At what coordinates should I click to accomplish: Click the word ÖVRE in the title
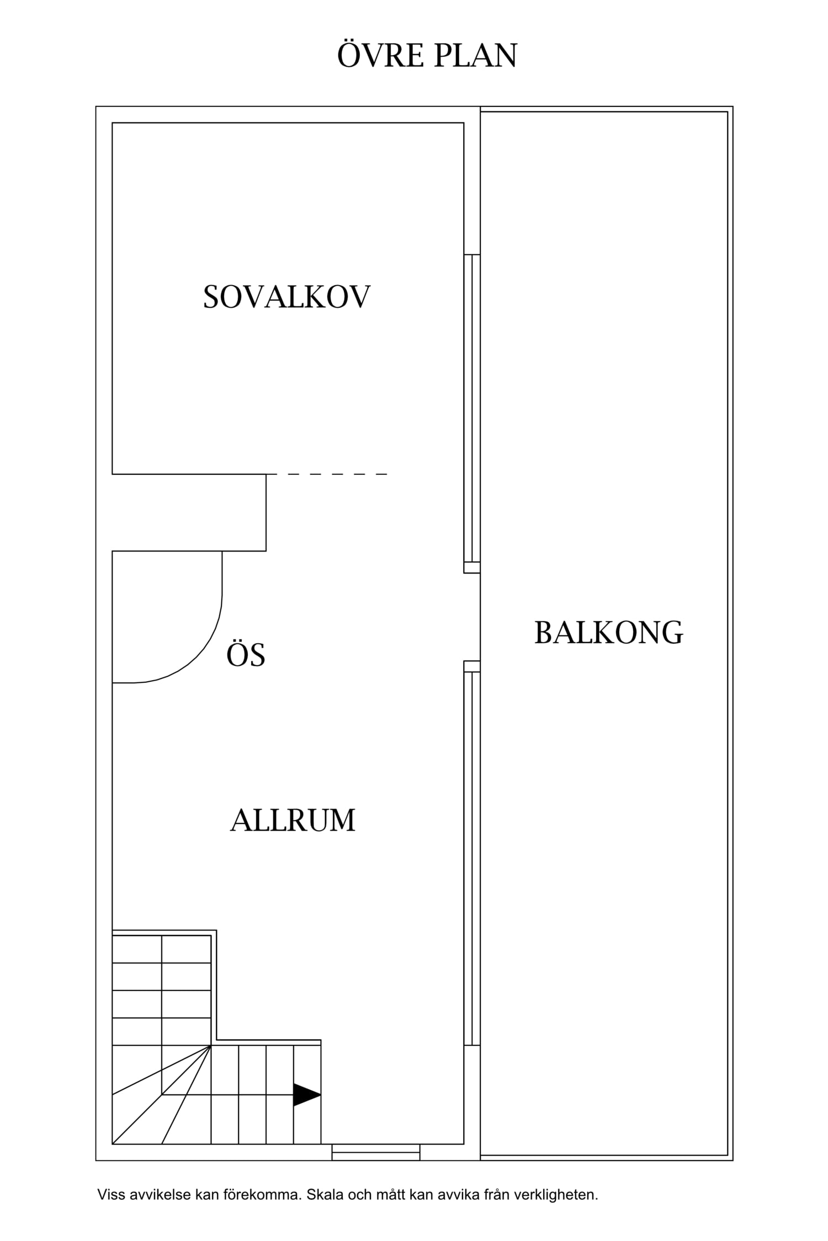click(x=380, y=56)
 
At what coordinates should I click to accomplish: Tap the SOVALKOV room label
click(x=286, y=297)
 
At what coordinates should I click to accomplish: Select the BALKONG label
click(x=608, y=633)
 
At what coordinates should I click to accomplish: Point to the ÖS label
click(x=246, y=655)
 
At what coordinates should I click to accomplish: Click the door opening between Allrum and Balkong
click(x=472, y=617)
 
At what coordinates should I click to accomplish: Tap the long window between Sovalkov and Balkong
click(x=472, y=408)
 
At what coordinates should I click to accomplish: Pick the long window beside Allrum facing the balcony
click(x=472, y=858)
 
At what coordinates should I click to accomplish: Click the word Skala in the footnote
click(x=325, y=1195)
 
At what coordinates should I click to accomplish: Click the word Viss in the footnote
click(x=110, y=1195)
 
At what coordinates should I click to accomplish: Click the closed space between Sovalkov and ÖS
click(x=188, y=512)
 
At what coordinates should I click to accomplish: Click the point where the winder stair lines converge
click(x=211, y=1045)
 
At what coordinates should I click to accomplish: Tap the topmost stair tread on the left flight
click(x=161, y=949)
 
